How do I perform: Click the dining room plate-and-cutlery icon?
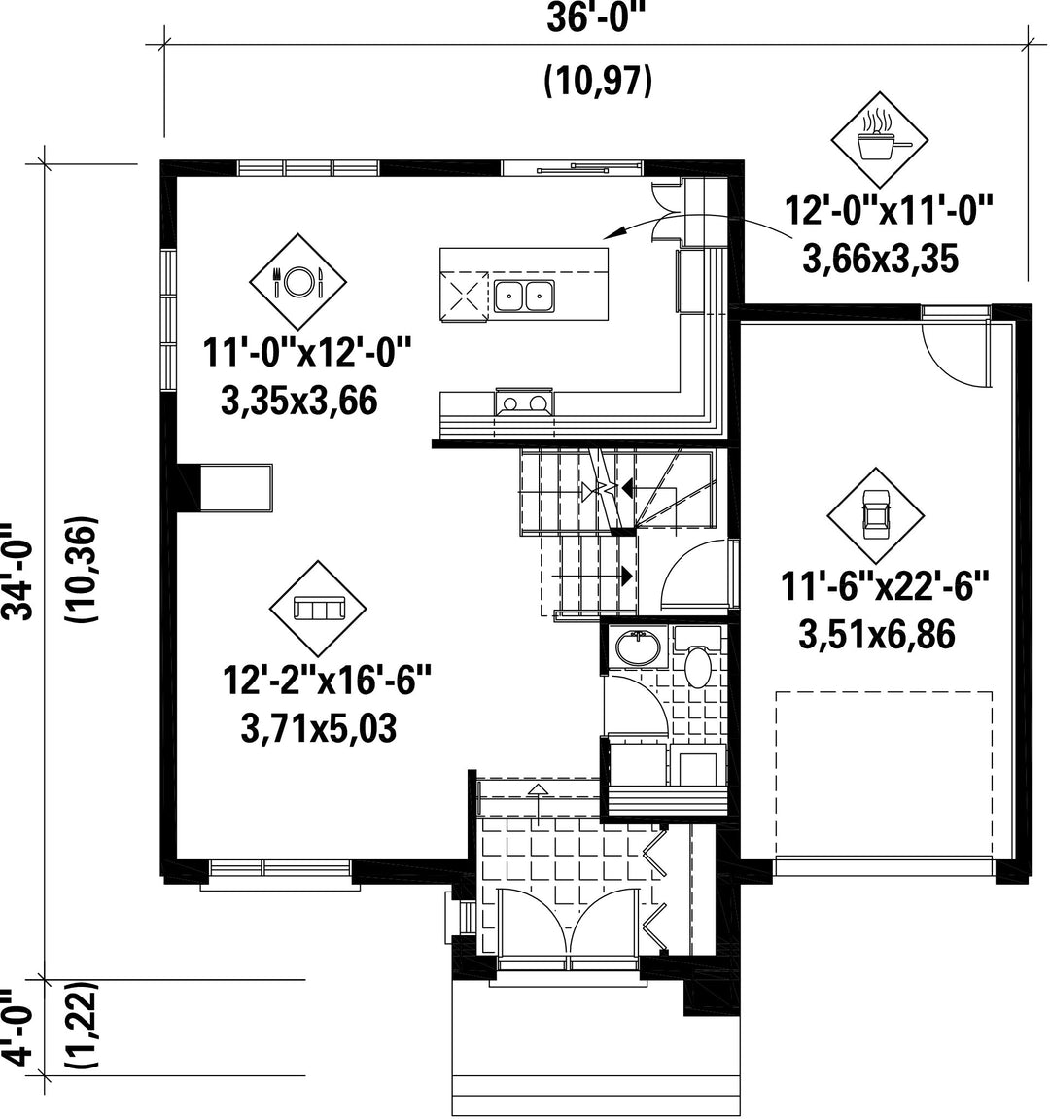pyautogui.click(x=297, y=282)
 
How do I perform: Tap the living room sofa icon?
pyautogui.click(x=318, y=609)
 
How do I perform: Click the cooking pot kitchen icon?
pyautogui.click(x=880, y=140)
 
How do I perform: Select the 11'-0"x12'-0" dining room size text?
pyautogui.click(x=308, y=353)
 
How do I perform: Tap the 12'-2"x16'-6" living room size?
pyautogui.click(x=328, y=681)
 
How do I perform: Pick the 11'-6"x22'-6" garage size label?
pyautogui.click(x=885, y=587)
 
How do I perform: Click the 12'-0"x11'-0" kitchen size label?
pyautogui.click(x=890, y=211)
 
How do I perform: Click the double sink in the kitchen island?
pyautogui.click(x=524, y=296)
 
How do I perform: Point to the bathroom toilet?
pyautogui.click(x=697, y=658)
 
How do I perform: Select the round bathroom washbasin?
pyautogui.click(x=638, y=647)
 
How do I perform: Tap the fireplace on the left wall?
pyautogui.click(x=224, y=487)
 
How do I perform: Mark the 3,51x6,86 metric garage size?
pyautogui.click(x=877, y=635)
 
